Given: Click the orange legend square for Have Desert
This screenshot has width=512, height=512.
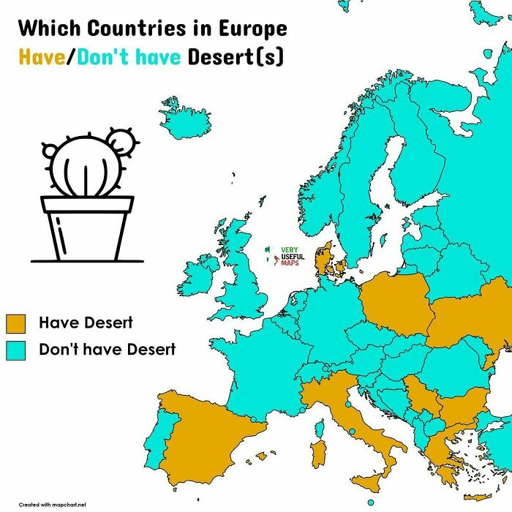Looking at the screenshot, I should [x=16, y=323].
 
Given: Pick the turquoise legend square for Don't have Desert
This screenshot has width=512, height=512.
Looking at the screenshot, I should [x=16, y=350].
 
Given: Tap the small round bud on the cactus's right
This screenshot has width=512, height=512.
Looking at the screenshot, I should [x=121, y=143].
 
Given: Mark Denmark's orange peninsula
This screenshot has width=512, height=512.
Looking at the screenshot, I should [x=323, y=260].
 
